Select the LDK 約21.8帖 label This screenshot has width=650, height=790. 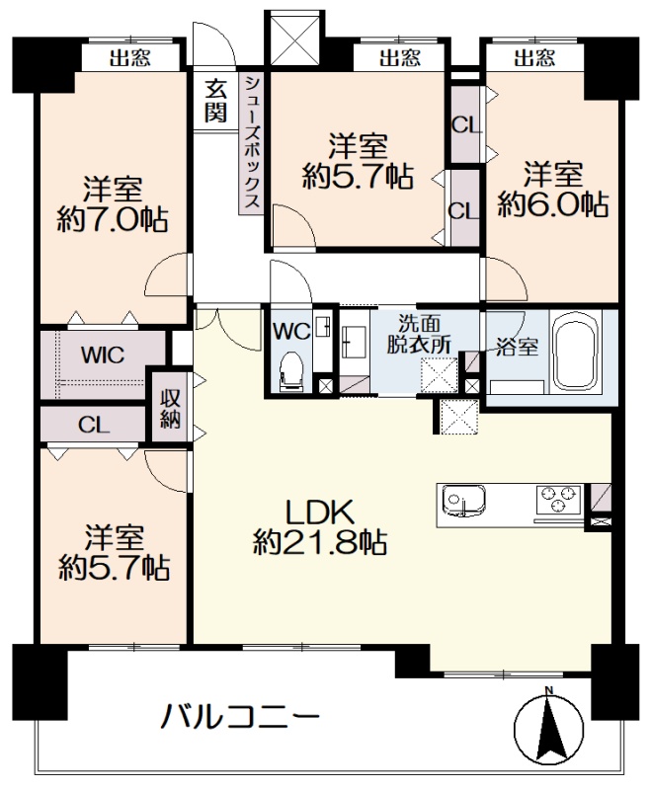(x=319, y=527)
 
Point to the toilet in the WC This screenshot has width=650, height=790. (x=290, y=370)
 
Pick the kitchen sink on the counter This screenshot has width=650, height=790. (x=463, y=501)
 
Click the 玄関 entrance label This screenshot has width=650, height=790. (x=215, y=103)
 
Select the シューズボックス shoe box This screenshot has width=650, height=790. (x=251, y=142)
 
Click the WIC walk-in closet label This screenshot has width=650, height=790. (x=103, y=355)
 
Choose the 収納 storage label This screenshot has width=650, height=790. (x=170, y=408)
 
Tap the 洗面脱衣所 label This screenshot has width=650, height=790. (x=419, y=334)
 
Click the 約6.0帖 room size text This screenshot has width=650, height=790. (x=553, y=204)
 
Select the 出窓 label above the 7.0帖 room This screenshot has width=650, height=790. (x=130, y=58)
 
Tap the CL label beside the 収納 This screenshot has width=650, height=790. (x=94, y=426)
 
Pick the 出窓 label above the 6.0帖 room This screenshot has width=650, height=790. (x=534, y=58)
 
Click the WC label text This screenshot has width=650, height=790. (x=291, y=331)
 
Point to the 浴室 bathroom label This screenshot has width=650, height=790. (x=517, y=348)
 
